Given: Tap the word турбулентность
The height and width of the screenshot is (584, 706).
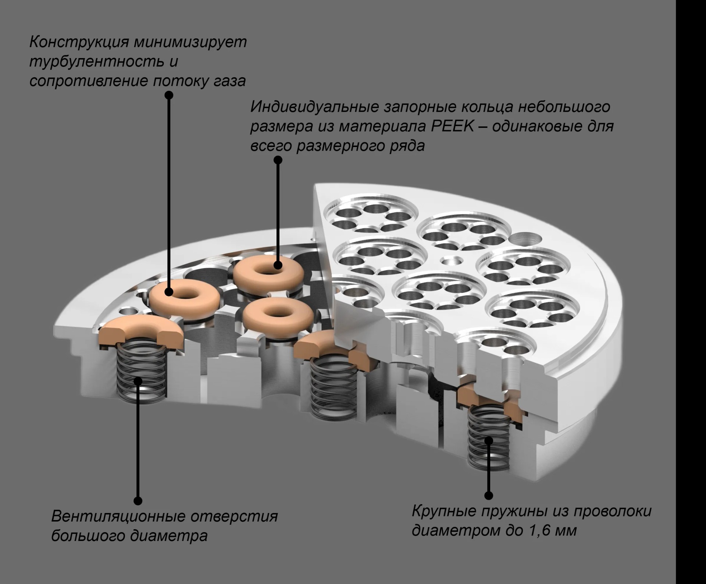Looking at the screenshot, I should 95,61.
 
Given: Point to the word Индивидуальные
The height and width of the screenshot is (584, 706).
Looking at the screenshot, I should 315,107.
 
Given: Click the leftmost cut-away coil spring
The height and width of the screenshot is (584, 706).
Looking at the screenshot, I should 140,375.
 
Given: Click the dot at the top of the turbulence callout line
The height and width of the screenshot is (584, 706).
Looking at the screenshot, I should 169,95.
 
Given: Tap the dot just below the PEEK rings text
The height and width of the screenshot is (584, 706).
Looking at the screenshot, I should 278,160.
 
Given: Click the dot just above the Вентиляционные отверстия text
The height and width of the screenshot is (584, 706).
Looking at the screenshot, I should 138,501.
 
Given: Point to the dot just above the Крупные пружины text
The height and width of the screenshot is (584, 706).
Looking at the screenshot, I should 489,495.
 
